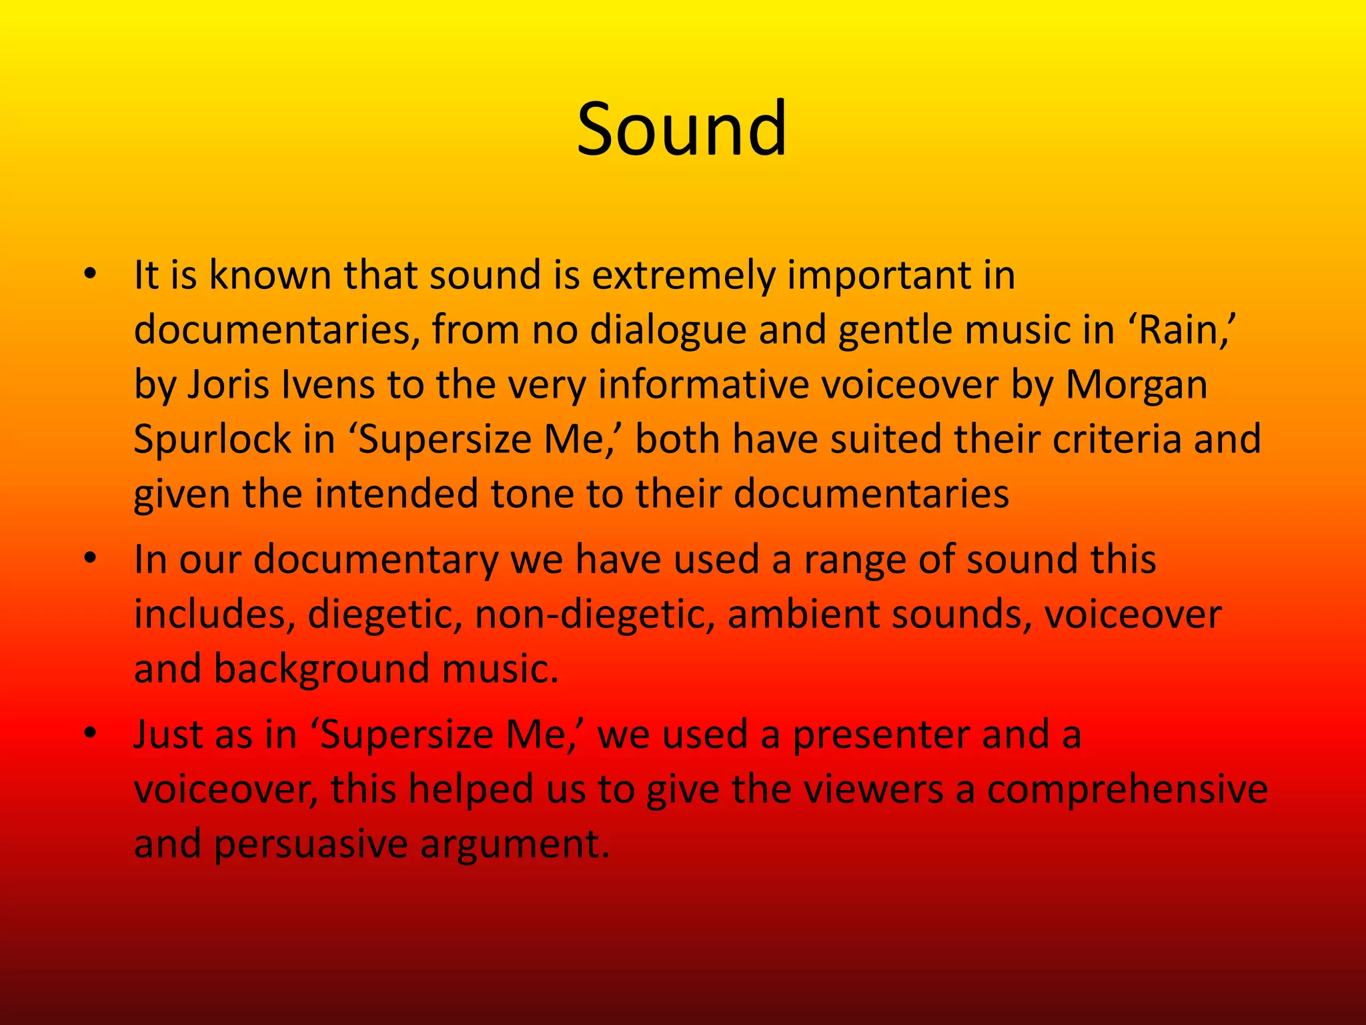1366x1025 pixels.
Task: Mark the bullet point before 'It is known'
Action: (x=90, y=274)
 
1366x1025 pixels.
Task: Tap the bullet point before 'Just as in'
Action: (x=90, y=733)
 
